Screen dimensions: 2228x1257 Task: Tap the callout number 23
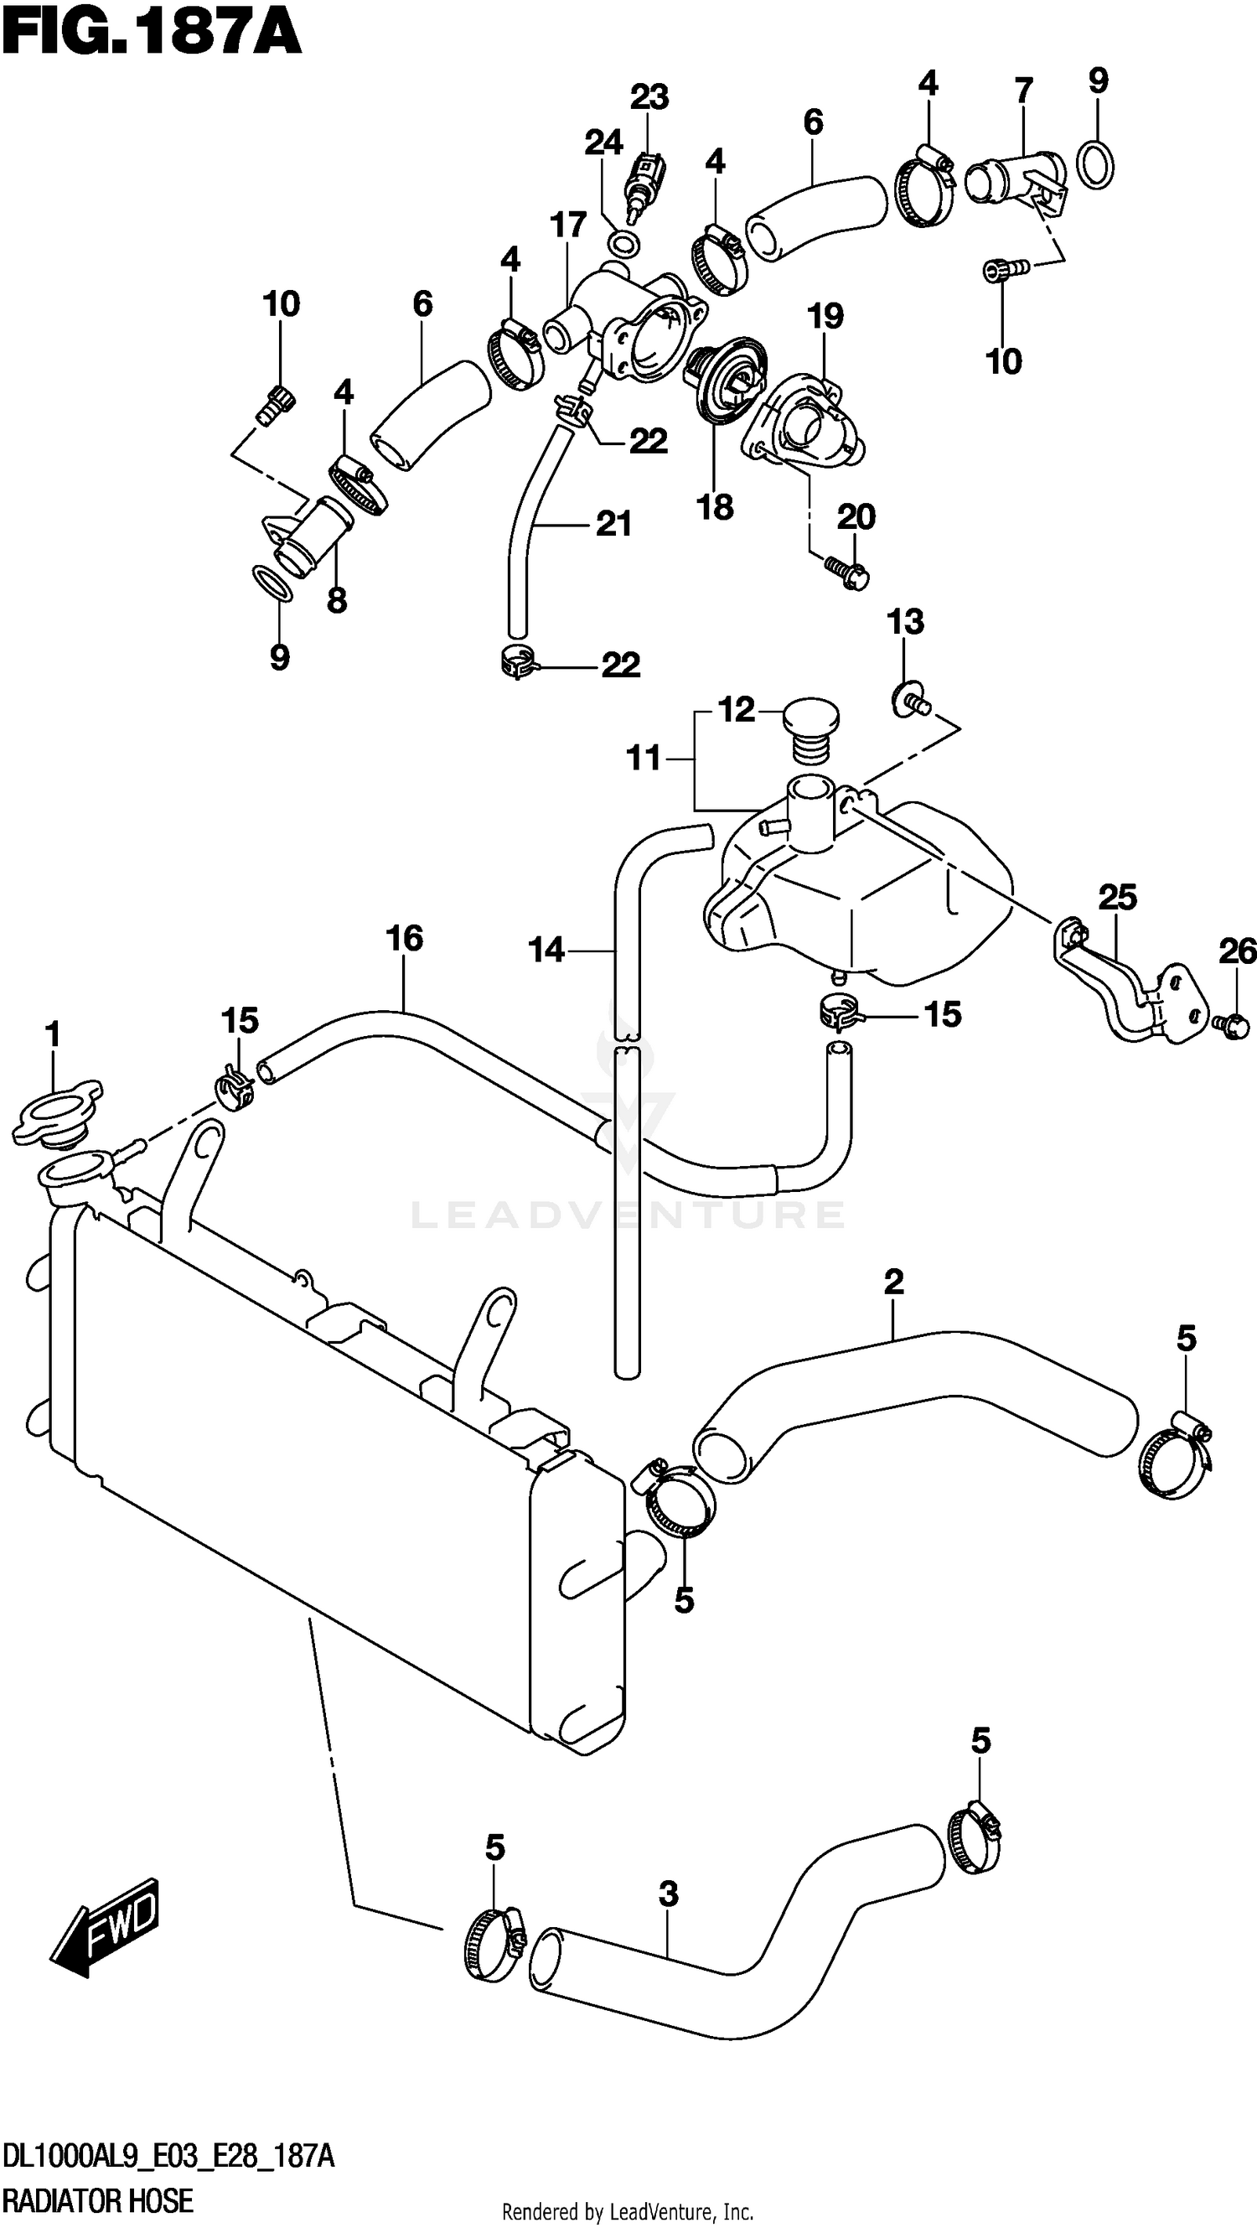649,97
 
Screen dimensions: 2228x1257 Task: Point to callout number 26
1237,951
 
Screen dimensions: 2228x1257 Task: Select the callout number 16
405,938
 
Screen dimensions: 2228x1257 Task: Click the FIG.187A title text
152,33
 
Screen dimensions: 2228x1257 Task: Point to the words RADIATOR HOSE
98,2200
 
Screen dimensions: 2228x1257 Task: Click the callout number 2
894,1281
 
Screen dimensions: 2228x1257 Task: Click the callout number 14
546,950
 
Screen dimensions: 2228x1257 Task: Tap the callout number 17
568,225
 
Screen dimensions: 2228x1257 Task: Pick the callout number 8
337,599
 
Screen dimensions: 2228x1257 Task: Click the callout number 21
613,523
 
